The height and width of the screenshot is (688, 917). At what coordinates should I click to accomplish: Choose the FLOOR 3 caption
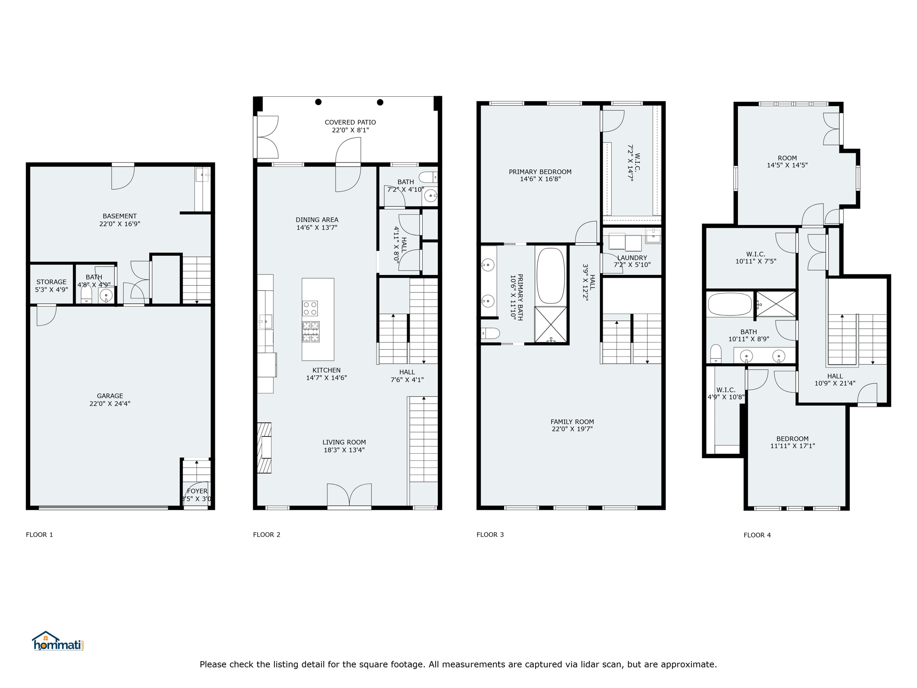tap(490, 534)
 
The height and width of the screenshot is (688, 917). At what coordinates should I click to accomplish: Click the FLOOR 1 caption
tap(39, 534)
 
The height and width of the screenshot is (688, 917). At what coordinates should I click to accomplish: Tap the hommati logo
tap(58, 641)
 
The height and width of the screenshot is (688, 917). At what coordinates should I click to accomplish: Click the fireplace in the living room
tap(264, 448)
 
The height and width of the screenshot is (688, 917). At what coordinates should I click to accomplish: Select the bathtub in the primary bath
tap(551, 275)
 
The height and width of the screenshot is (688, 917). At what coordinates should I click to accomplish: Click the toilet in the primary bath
tap(490, 333)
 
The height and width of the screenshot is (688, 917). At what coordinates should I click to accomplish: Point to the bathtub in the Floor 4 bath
tap(730, 304)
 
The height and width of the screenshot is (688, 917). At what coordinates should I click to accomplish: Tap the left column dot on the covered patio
tap(318, 102)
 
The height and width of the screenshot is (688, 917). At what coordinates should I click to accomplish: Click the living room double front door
tap(349, 495)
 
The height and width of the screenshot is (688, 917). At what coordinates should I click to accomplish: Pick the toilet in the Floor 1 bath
tap(86, 295)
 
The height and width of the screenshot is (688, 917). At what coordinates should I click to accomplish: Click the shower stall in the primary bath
tap(551, 325)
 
